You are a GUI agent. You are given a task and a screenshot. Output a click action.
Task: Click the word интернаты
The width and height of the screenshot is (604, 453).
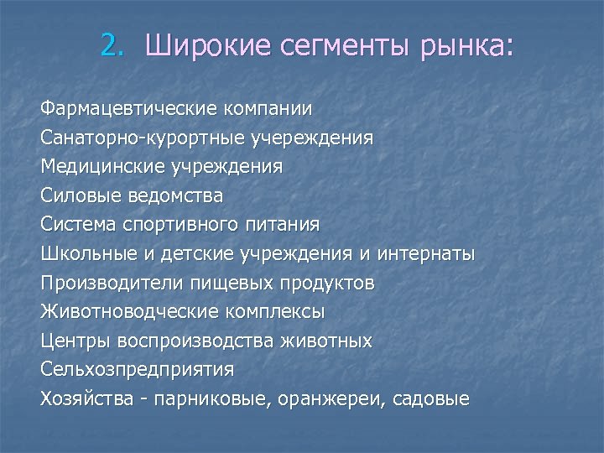(426, 253)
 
